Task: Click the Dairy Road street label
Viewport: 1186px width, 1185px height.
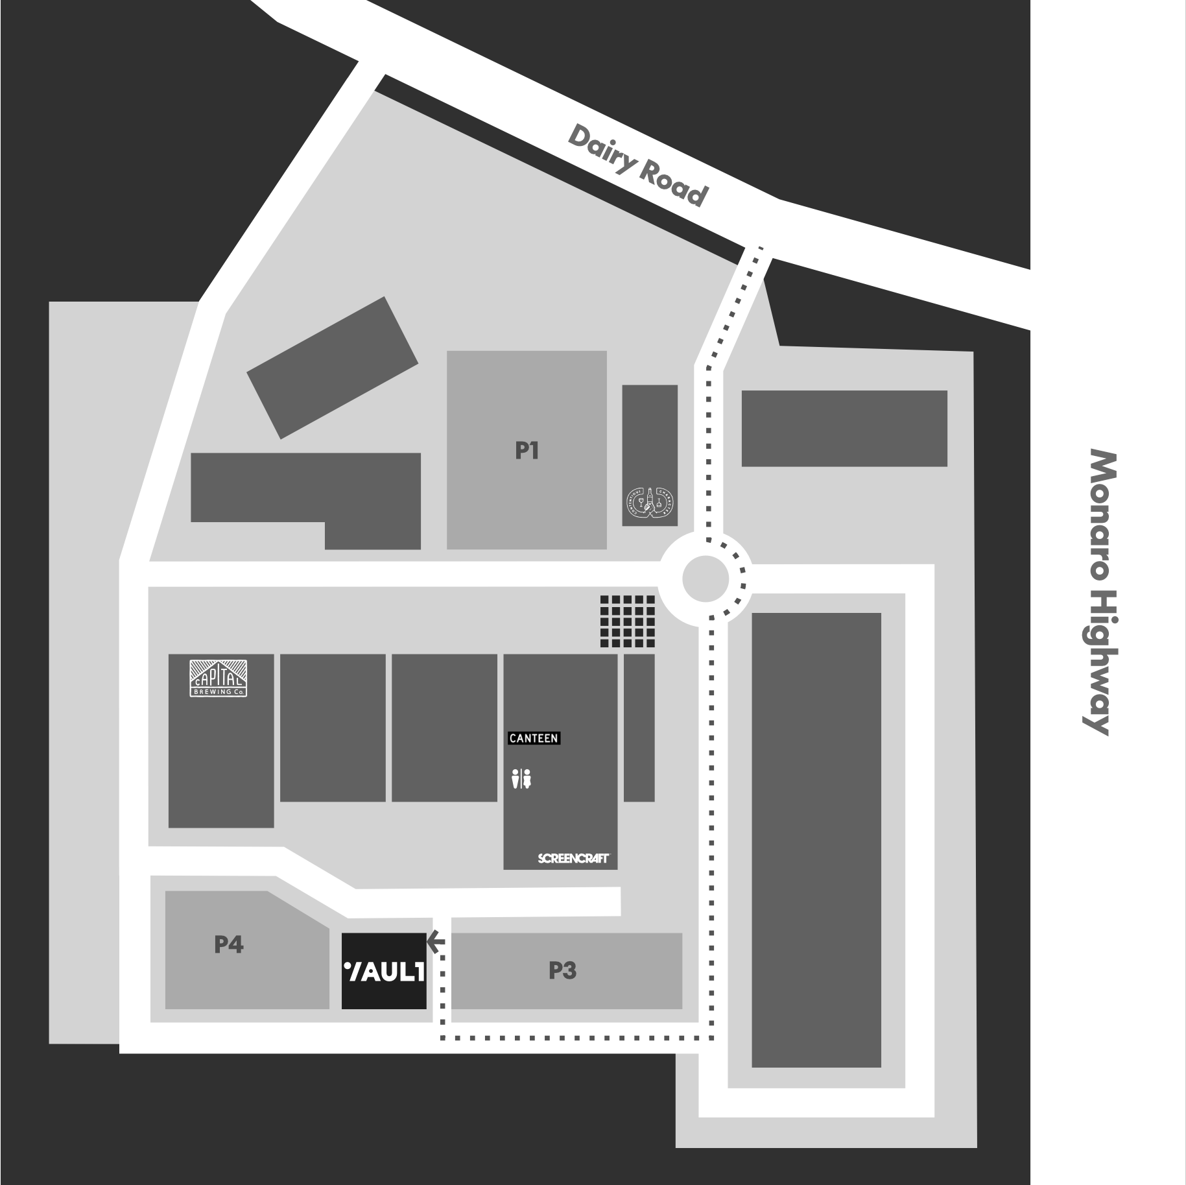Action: [637, 166]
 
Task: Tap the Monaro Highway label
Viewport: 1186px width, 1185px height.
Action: [1101, 592]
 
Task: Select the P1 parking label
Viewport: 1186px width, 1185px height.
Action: [527, 451]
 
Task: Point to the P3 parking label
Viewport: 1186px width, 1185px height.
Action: [562, 970]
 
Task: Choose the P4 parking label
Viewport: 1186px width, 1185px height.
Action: [229, 944]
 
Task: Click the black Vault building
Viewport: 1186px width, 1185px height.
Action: [384, 971]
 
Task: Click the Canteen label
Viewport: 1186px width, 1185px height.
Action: [533, 738]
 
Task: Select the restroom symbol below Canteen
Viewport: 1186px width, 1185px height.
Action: [521, 778]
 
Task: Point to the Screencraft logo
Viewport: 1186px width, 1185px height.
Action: [573, 858]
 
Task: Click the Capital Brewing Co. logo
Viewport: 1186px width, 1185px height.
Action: [219, 678]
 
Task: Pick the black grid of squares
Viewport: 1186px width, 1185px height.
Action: [627, 621]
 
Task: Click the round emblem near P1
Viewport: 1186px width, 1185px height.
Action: [650, 503]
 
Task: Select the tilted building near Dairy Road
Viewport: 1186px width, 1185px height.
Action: [332, 368]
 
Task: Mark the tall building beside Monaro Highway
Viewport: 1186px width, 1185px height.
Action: [816, 839]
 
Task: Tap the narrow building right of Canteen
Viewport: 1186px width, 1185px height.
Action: [639, 728]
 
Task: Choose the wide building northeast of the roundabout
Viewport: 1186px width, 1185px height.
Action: [844, 428]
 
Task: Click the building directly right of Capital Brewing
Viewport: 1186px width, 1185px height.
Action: [333, 728]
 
